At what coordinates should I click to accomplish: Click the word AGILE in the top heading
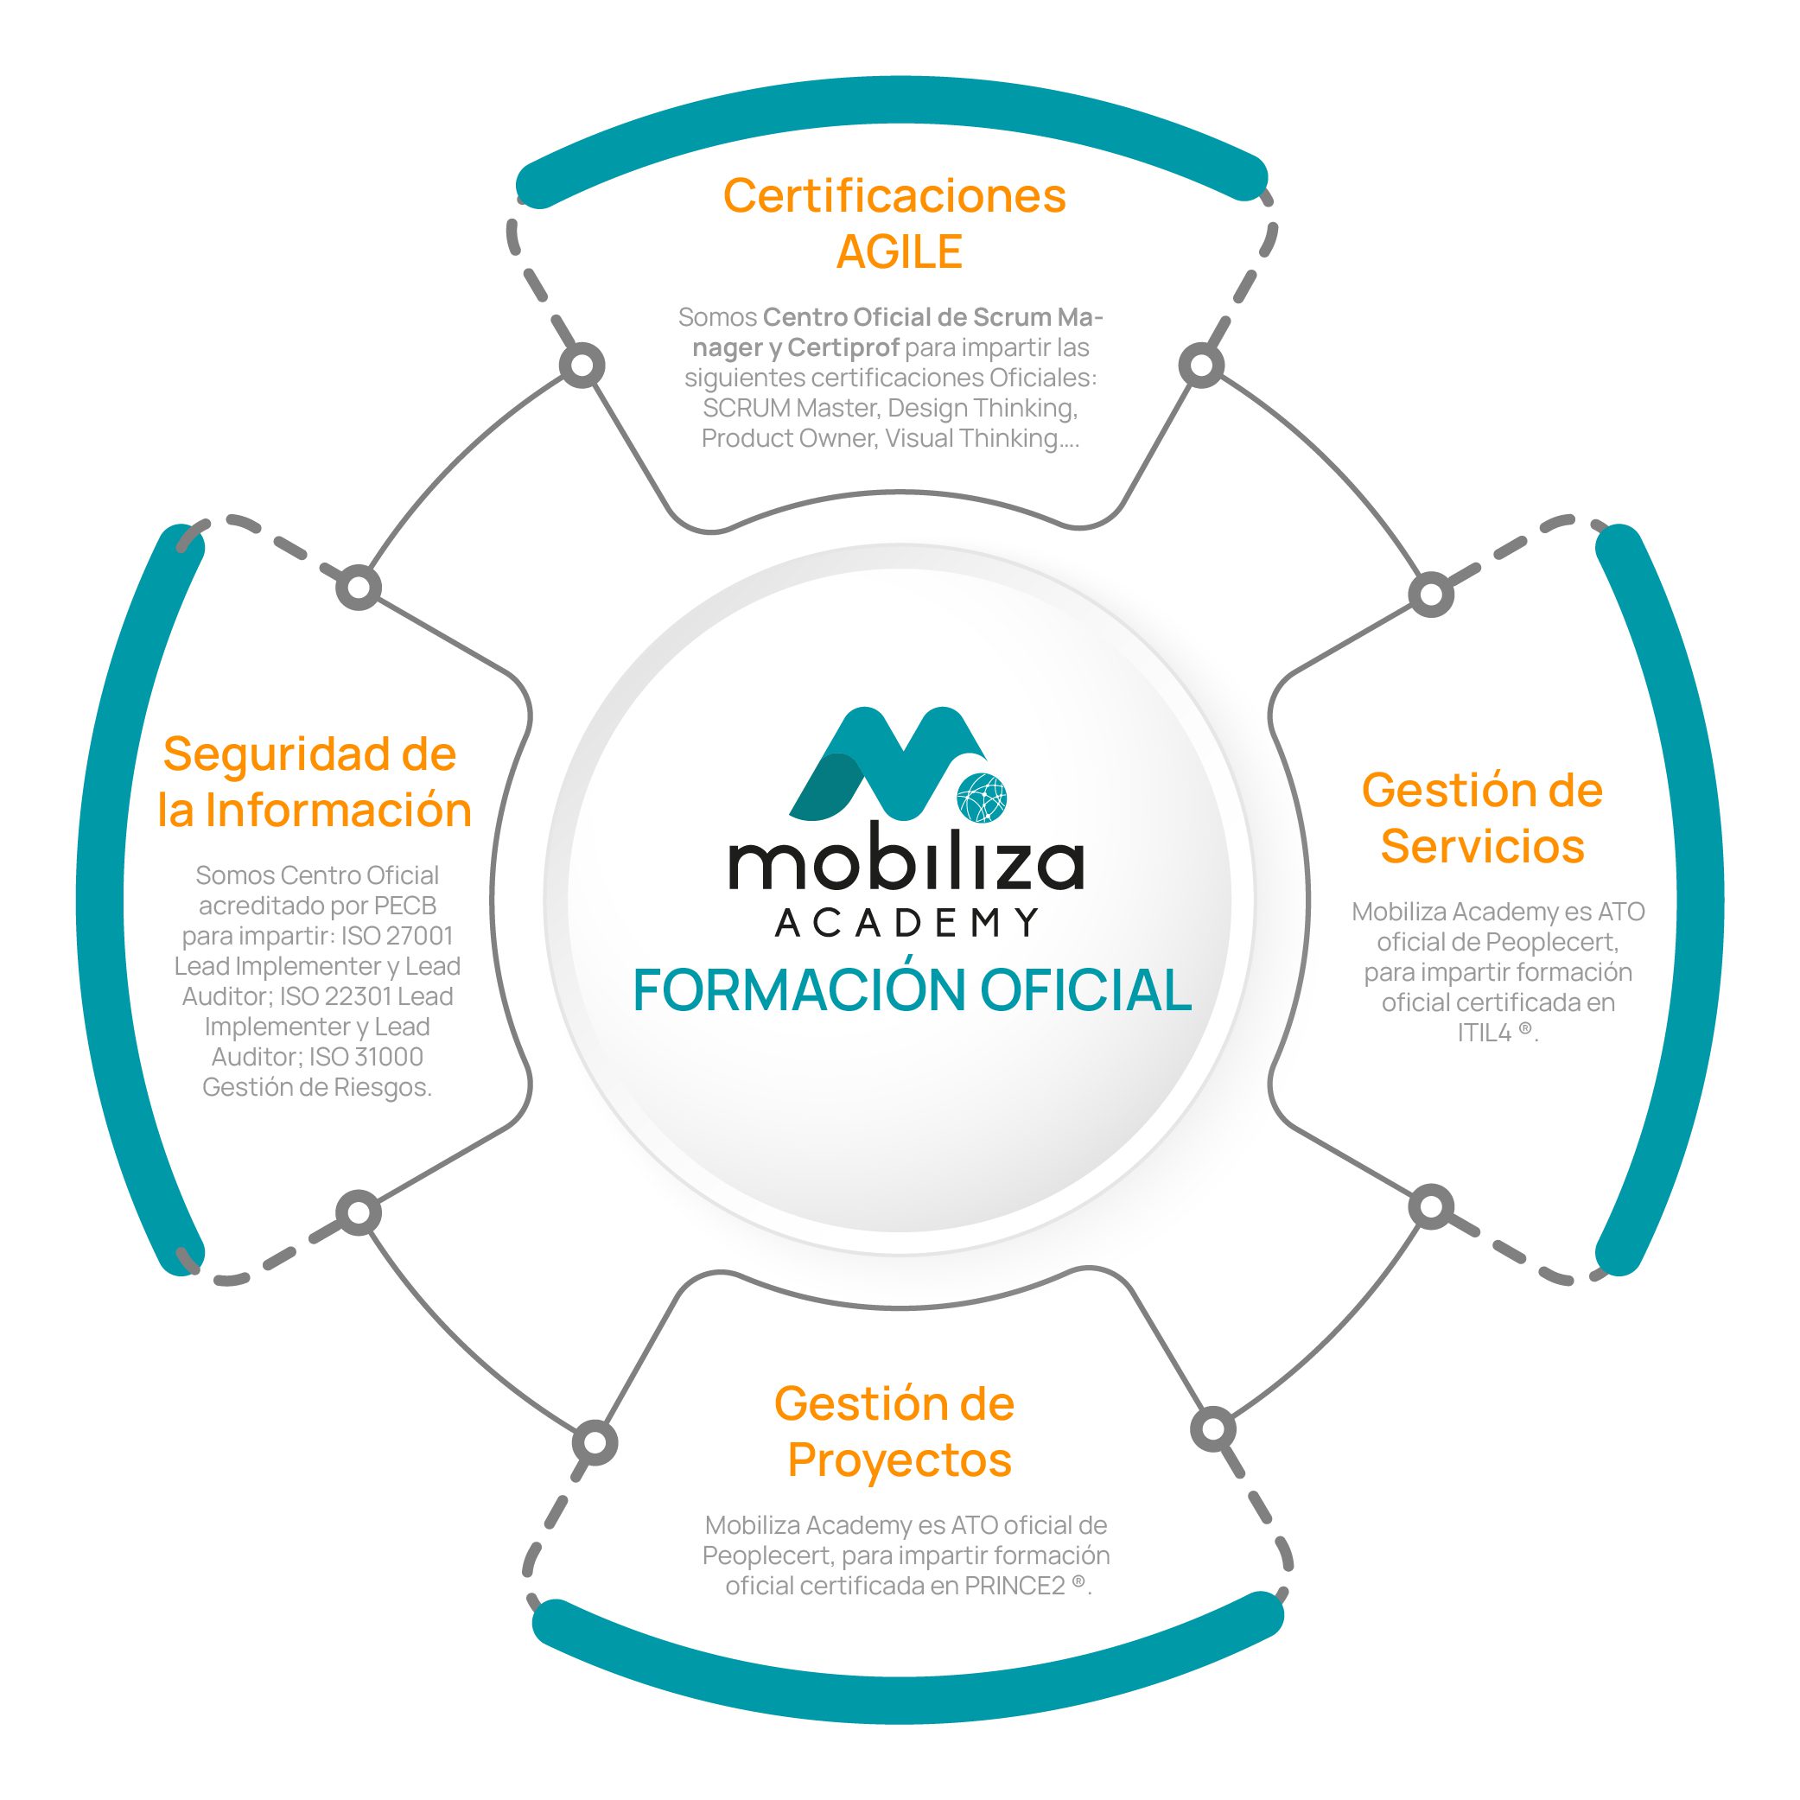click(898, 252)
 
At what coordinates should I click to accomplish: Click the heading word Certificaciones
click(894, 196)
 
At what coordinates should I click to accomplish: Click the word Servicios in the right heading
click(1481, 846)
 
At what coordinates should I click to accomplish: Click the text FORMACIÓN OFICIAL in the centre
click(911, 989)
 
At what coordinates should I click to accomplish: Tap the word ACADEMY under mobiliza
click(906, 922)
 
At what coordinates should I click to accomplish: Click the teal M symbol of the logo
click(885, 760)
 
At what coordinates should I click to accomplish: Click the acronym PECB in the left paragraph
click(405, 906)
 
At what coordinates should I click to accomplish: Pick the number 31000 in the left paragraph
click(390, 1057)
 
